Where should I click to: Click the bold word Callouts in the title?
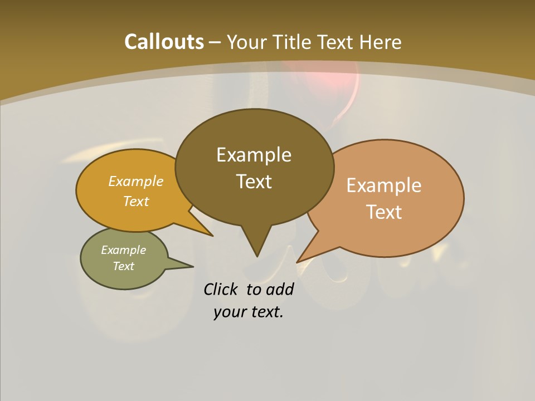coord(164,42)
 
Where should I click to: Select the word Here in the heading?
coord(381,42)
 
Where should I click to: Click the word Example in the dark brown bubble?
coord(254,154)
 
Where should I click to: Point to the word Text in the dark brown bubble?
coord(254,181)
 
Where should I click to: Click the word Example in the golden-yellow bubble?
coord(136,181)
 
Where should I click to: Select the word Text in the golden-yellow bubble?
coord(136,201)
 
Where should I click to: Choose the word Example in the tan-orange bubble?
coord(384,185)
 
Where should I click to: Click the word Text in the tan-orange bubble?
coord(384,212)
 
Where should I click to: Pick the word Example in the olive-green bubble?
coord(123,250)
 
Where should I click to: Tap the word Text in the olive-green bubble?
coord(123,266)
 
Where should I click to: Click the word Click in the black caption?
coord(221,289)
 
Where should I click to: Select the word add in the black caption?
coord(279,289)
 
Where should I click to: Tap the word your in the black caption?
coord(228,312)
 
